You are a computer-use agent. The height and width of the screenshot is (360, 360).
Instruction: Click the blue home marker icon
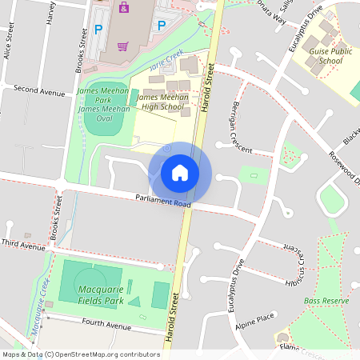coord(180,172)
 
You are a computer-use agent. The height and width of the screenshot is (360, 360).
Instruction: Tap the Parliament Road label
coord(163,201)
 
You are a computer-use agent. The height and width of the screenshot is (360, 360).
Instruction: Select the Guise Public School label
coord(330,55)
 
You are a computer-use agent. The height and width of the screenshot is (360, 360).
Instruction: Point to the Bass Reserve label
coord(326,301)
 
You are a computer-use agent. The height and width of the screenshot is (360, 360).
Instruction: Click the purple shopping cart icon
coord(122,46)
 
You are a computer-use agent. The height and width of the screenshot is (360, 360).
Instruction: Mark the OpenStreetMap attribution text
coord(81,354)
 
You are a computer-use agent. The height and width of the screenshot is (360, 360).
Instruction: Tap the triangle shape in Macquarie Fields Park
coord(134,301)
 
